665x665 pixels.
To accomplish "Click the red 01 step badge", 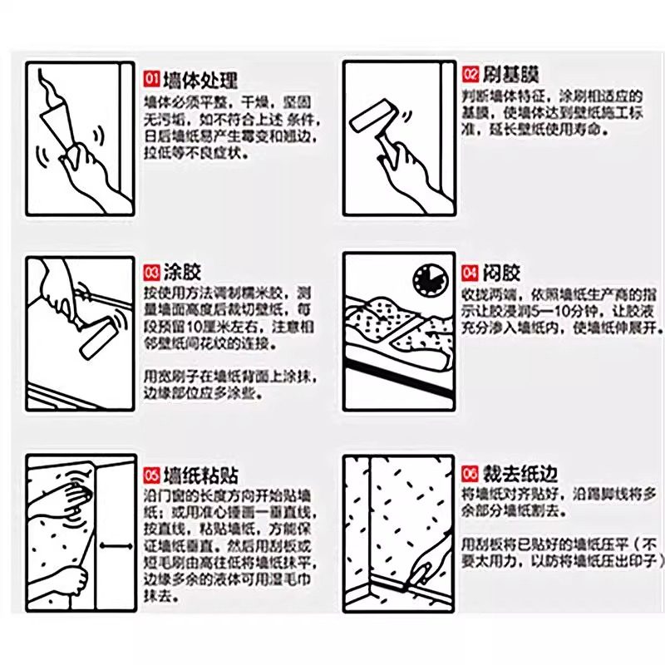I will click(152, 80).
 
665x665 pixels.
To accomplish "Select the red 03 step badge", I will click(152, 272).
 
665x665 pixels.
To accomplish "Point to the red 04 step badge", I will click(470, 272).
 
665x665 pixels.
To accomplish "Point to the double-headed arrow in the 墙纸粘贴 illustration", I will click(117, 546).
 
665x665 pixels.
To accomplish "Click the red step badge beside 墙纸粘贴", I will click(152, 475).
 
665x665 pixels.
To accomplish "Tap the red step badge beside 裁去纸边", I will click(470, 474).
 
